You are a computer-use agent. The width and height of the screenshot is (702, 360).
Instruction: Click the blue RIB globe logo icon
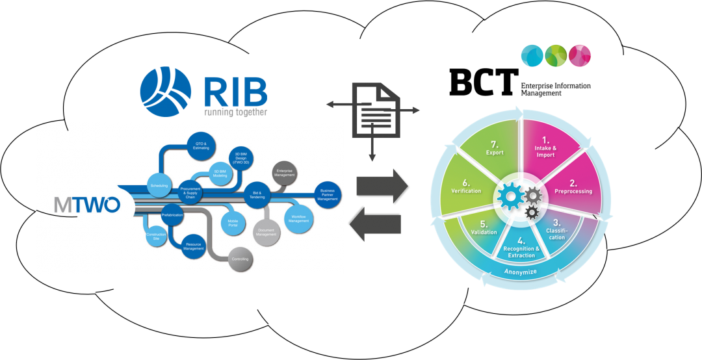[166, 92]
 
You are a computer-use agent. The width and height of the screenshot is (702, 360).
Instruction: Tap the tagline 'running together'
[235, 111]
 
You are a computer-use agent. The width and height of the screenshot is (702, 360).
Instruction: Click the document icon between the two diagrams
[372, 110]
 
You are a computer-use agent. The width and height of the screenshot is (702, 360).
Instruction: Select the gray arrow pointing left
[375, 224]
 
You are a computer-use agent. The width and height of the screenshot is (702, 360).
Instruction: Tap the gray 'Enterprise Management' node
[284, 172]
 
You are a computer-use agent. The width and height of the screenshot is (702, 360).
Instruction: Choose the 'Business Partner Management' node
[328, 194]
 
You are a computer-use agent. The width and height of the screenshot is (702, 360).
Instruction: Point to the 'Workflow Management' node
[299, 218]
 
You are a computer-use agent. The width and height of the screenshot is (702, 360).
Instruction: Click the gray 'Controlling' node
[240, 259]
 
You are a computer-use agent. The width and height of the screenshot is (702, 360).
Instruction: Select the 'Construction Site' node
[156, 236]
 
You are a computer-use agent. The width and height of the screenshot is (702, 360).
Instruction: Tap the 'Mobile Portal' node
[232, 224]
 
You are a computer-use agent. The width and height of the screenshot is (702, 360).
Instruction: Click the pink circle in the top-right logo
[580, 55]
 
